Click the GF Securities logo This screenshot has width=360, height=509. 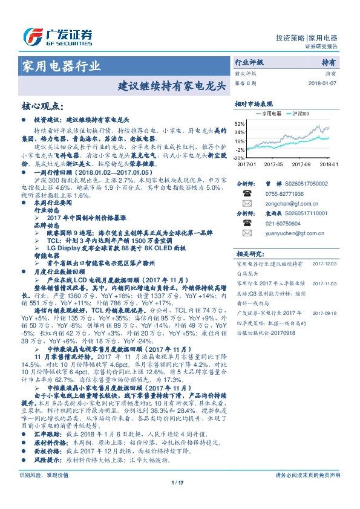[x=57, y=36]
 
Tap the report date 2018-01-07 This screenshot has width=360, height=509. [x=320, y=83]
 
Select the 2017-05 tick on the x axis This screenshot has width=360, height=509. [x=273, y=163]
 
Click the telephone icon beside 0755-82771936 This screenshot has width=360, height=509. [x=247, y=194]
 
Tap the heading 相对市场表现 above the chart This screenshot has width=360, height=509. [x=254, y=104]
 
